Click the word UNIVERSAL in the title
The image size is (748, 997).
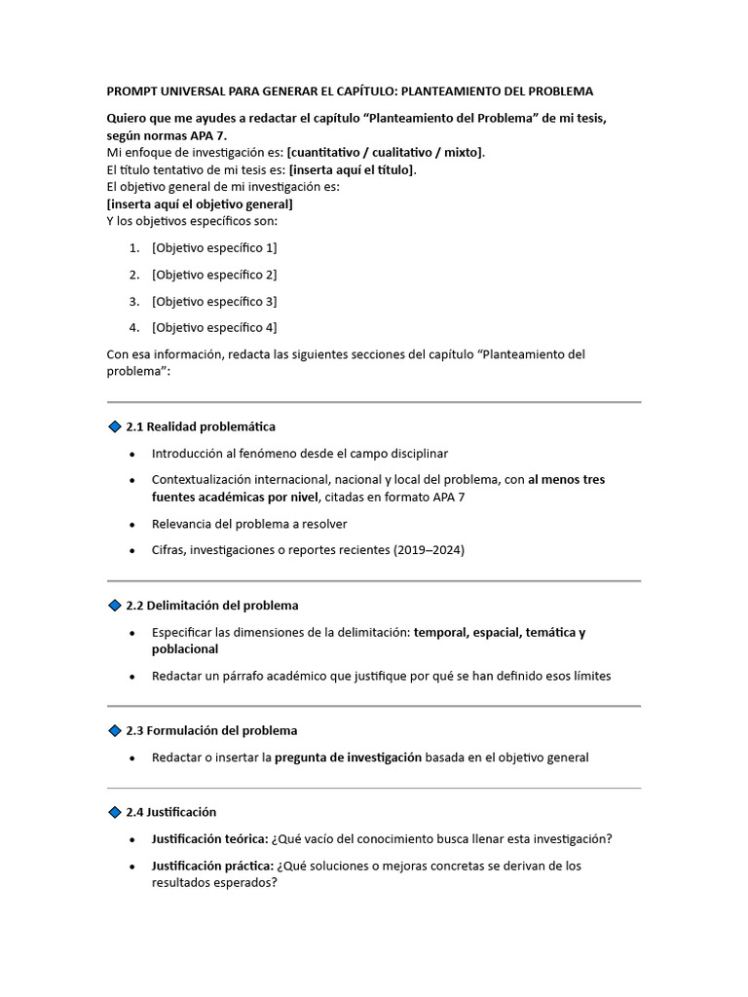point(186,92)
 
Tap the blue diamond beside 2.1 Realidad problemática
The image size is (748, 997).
point(114,426)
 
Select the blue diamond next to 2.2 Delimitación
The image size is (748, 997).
point(114,606)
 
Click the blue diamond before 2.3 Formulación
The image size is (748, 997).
point(114,730)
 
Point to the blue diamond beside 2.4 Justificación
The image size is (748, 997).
point(114,812)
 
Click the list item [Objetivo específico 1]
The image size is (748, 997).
point(214,248)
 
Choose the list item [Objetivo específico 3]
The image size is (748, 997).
point(214,302)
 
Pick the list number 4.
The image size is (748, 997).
point(133,328)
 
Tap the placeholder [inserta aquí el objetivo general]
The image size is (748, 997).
point(200,204)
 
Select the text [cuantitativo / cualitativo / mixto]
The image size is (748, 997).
point(385,153)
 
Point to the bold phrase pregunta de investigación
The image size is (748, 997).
point(348,757)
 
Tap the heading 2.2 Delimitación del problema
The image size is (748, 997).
point(212,606)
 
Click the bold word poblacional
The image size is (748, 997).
point(185,649)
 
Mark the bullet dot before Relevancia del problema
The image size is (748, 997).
point(132,525)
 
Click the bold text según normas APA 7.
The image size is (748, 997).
point(167,135)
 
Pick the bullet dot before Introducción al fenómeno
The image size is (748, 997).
point(132,455)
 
